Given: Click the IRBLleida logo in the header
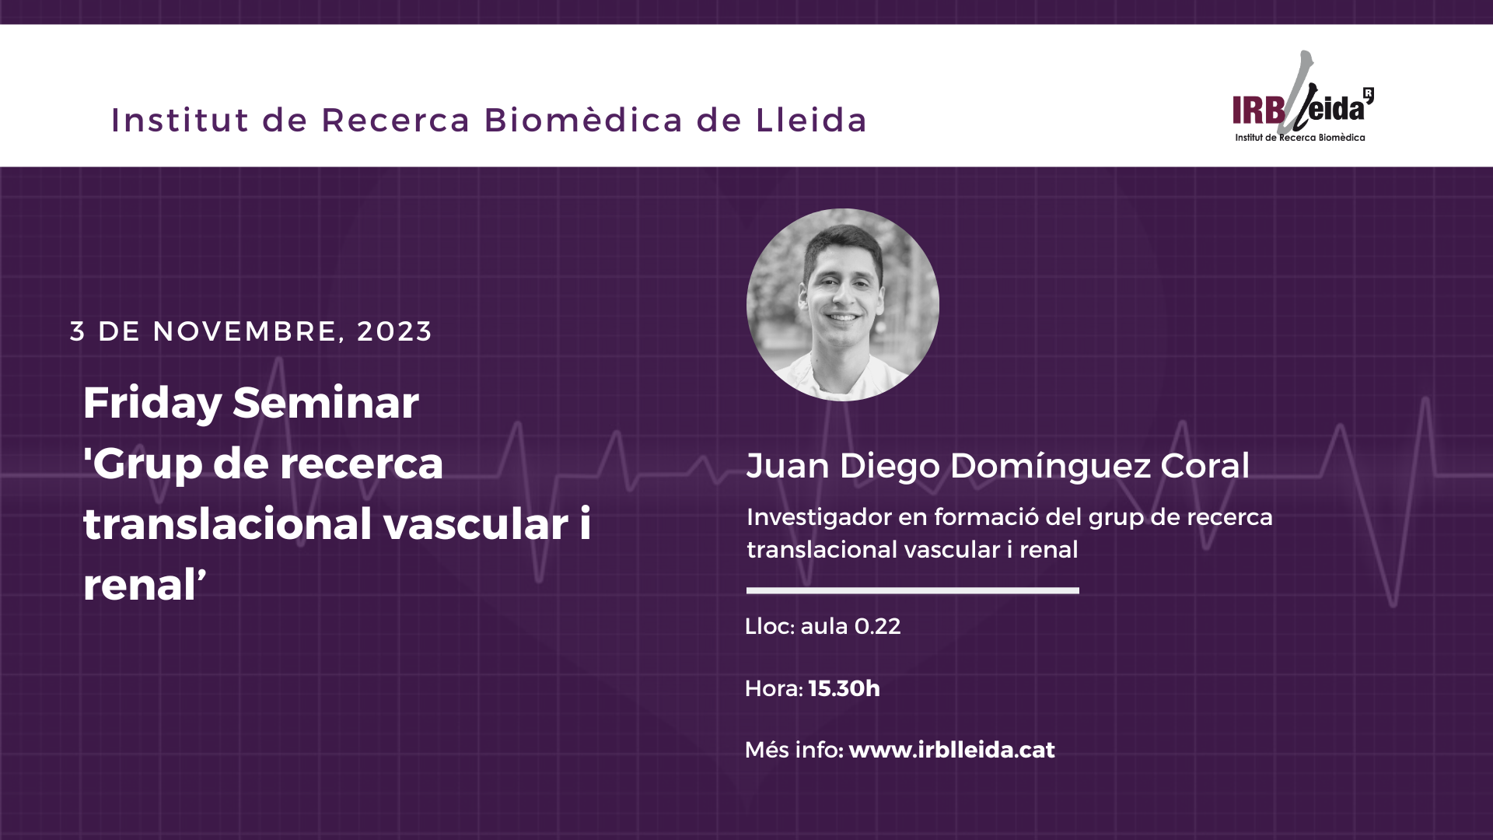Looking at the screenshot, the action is (1302, 97).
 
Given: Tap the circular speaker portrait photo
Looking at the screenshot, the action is (843, 305).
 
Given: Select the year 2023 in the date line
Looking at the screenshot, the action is (394, 331).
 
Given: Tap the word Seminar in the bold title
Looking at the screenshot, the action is (326, 402).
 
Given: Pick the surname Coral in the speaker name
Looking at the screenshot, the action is (1205, 466).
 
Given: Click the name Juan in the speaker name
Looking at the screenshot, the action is (788, 466).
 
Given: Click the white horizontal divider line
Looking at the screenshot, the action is (913, 590).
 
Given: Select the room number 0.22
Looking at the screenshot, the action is (877, 626).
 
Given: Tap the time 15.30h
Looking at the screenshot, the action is (844, 688).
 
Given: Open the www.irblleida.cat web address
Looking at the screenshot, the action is (952, 750).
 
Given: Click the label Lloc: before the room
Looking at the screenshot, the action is (769, 626).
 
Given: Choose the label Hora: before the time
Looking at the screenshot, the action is (774, 688).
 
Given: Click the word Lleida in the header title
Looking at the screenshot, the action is (811, 120).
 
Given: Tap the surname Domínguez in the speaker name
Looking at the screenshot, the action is (1050, 467).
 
